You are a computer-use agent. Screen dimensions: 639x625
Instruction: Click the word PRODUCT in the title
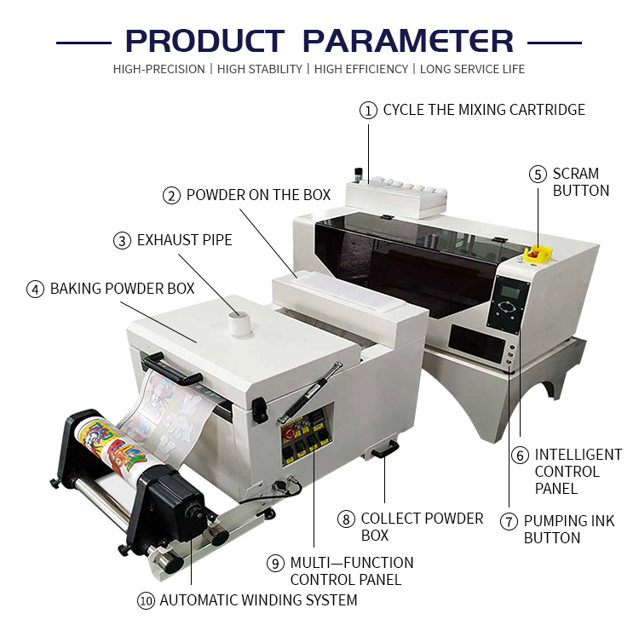click(204, 41)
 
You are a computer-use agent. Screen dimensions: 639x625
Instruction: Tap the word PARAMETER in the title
click(408, 41)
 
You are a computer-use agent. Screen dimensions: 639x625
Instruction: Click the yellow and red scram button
click(538, 253)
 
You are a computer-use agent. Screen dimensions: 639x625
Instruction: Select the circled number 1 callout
click(368, 110)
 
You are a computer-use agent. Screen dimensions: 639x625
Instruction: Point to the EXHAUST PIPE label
click(184, 240)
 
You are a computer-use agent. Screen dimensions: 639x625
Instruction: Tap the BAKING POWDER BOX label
click(122, 289)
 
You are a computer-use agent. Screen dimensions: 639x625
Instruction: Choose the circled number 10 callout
click(147, 600)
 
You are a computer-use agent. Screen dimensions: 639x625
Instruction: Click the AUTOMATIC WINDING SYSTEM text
click(258, 600)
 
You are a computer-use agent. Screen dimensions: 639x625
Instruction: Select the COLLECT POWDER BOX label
click(422, 526)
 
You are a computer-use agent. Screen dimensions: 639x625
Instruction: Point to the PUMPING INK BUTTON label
click(568, 529)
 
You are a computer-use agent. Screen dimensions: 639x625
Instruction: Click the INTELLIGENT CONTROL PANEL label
click(578, 472)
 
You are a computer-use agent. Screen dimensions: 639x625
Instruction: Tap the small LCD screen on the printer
click(509, 295)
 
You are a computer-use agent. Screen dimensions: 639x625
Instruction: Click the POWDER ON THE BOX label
click(258, 195)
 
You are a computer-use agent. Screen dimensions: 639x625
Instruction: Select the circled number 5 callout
click(537, 175)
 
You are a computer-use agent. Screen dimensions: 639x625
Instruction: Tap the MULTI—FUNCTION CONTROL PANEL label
click(352, 571)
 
